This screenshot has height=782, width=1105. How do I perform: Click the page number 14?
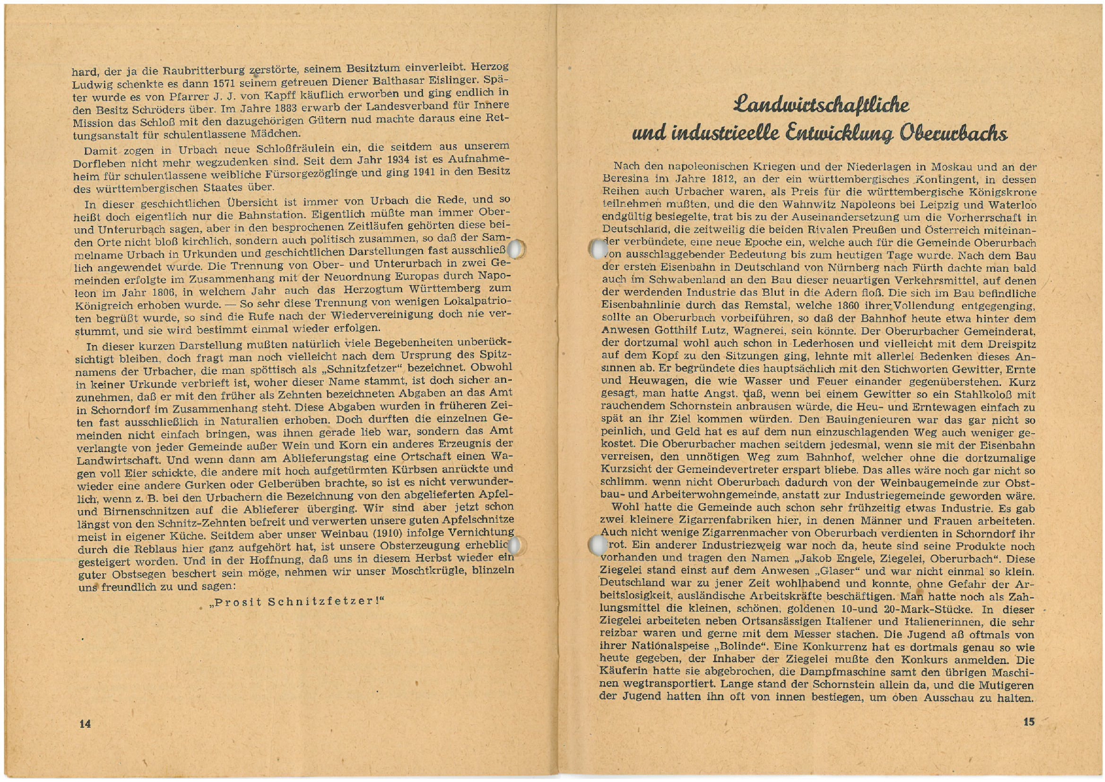pos(85,723)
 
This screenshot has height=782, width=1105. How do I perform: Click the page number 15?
pos(1029,721)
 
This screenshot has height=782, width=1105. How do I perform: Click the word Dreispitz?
pos(1010,344)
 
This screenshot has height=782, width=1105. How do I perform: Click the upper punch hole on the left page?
pos(517,250)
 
